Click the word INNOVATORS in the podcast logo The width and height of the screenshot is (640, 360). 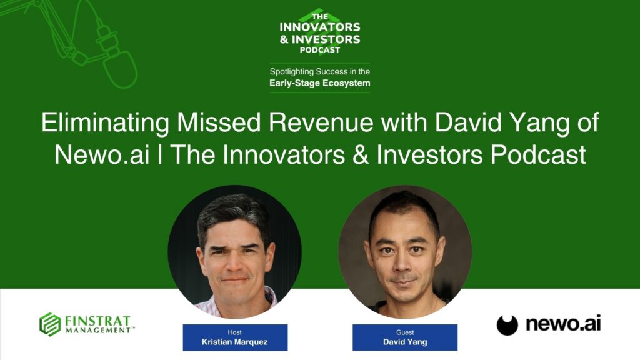tap(320, 27)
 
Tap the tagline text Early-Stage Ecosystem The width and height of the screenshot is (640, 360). tap(320, 82)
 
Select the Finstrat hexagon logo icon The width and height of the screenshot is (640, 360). tap(50, 324)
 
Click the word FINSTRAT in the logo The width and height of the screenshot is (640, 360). tap(98, 320)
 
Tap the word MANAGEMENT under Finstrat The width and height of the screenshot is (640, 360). tap(98, 330)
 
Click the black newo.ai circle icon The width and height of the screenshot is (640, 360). tap(507, 325)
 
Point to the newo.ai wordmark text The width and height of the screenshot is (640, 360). tap(562, 324)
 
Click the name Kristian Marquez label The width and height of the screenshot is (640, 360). tap(235, 342)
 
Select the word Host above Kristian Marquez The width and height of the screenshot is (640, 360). tap(235, 332)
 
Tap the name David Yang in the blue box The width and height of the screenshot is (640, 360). tap(404, 342)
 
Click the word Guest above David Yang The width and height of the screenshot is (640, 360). tap(404, 332)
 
